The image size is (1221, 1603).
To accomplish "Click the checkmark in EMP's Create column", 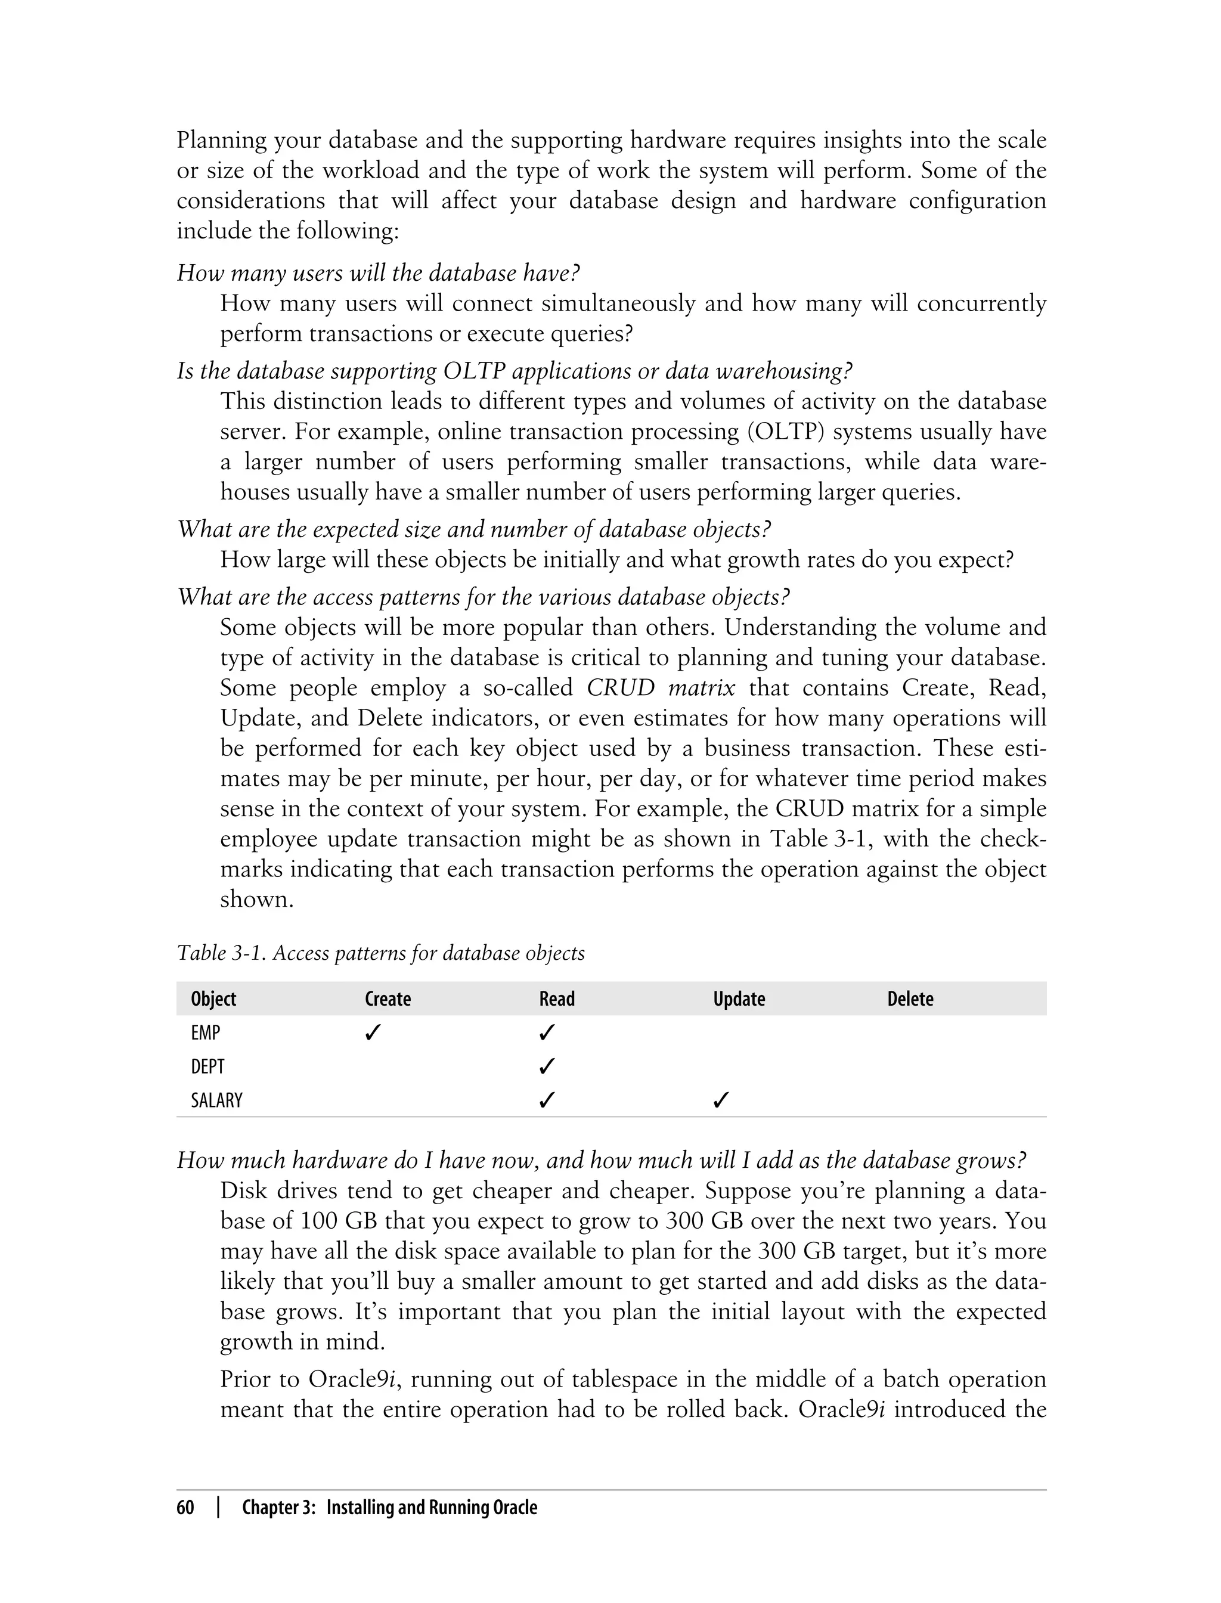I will tap(373, 1032).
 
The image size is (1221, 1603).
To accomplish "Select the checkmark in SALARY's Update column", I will tap(721, 1100).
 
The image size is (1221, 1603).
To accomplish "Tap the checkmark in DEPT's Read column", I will tap(547, 1066).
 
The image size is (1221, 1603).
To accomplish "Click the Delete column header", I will tap(910, 999).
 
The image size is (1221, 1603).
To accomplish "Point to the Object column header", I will tap(213, 999).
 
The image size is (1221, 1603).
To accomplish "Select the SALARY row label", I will tap(216, 1100).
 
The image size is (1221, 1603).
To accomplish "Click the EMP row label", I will tap(206, 1033).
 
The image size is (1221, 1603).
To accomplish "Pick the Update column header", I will tap(739, 999).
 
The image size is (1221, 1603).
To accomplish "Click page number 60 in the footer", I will tap(185, 1508).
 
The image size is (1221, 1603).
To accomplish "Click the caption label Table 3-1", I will tap(222, 953).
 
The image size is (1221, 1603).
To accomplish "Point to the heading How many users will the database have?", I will tap(378, 273).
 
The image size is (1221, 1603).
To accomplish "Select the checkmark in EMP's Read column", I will tap(547, 1032).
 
